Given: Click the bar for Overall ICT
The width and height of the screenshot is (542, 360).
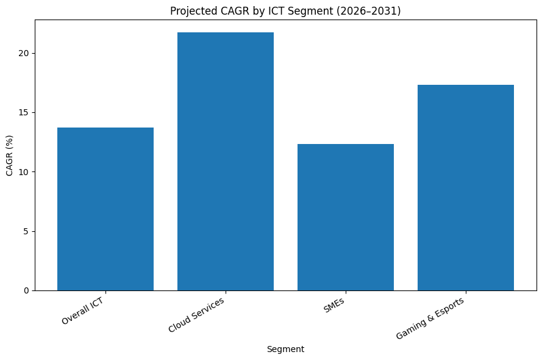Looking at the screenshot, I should point(105,209).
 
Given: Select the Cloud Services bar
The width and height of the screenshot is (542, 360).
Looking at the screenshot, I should point(226,161).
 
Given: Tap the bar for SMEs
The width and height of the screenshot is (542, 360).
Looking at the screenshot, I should point(346,217).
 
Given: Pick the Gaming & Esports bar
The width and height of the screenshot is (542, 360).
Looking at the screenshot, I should point(466,187).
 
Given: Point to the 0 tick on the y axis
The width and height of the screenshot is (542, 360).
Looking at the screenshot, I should point(26,290).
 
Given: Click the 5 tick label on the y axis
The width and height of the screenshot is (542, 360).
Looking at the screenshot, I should point(26,231).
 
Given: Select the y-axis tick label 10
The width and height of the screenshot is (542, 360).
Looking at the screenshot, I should point(24,172).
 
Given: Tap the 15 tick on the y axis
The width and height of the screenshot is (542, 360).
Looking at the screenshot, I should point(24,113).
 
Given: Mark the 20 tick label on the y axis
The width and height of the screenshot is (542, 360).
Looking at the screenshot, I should point(24,54).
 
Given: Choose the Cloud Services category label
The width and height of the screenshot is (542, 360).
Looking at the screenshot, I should point(196,315).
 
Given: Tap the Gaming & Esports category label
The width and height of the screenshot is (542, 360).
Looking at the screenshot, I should point(430,319).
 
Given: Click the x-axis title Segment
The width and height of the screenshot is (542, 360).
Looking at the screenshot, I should point(285,350).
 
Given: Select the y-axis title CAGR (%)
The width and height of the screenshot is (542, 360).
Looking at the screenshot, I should point(10,155).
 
